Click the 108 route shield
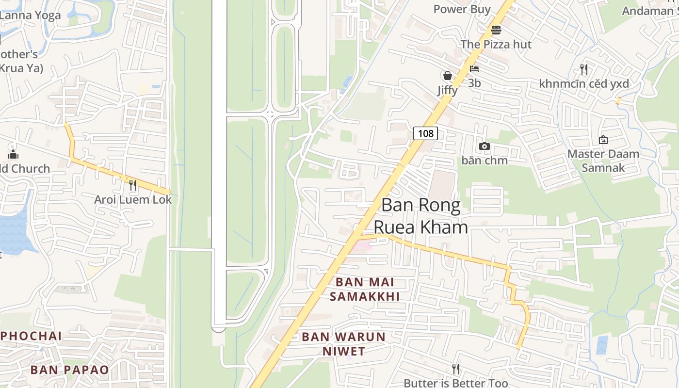click(x=425, y=133)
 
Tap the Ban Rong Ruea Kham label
click(x=420, y=216)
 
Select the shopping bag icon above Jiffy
click(x=447, y=76)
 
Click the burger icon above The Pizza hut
click(x=496, y=30)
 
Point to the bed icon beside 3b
click(x=474, y=69)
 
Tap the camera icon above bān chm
click(x=484, y=146)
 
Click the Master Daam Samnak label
click(x=603, y=161)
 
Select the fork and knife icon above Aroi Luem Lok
click(x=132, y=185)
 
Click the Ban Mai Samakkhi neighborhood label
click(x=365, y=289)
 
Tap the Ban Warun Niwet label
click(x=344, y=344)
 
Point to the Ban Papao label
click(x=70, y=370)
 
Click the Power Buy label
click(x=462, y=9)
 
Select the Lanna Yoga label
click(x=30, y=15)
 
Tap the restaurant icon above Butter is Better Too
click(x=455, y=369)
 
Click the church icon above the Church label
click(x=13, y=155)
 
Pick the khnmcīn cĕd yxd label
click(x=584, y=84)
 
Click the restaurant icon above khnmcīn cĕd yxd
click(x=584, y=69)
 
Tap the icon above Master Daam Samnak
click(x=603, y=140)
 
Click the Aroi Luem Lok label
click(x=133, y=199)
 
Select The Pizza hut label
click(x=496, y=44)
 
